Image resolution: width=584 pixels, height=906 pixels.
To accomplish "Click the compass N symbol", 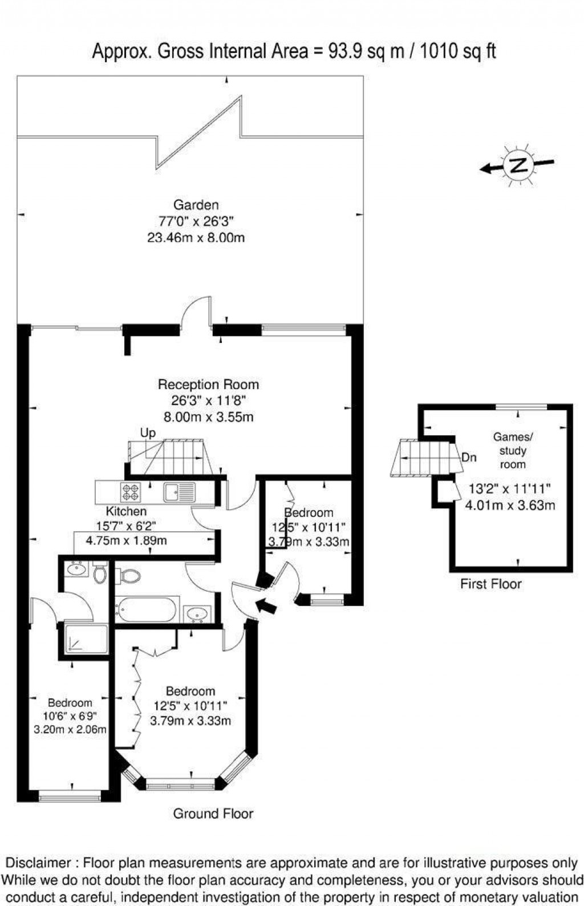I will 518,165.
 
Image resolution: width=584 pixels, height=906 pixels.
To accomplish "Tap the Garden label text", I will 196,204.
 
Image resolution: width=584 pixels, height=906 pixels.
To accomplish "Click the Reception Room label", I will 208,384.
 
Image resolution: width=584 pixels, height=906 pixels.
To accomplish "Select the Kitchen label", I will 126,511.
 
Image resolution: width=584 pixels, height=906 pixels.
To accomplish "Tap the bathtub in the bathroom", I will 147,609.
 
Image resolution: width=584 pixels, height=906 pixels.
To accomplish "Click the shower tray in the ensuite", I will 86,640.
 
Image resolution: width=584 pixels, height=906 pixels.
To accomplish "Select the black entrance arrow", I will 267,605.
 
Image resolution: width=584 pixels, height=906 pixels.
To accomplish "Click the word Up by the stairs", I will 148,433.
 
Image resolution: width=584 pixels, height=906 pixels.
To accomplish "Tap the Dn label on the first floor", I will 469,458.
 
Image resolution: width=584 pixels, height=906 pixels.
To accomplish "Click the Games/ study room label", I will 513,450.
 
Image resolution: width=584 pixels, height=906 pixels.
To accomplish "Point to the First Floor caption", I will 491,584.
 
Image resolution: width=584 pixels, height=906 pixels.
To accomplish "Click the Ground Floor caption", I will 213,814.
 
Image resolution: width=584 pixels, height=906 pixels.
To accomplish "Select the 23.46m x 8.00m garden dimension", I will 196,237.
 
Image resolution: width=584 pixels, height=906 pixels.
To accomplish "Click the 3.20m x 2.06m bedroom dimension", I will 70,729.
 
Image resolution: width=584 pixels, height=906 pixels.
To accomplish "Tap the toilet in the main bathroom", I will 130,576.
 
